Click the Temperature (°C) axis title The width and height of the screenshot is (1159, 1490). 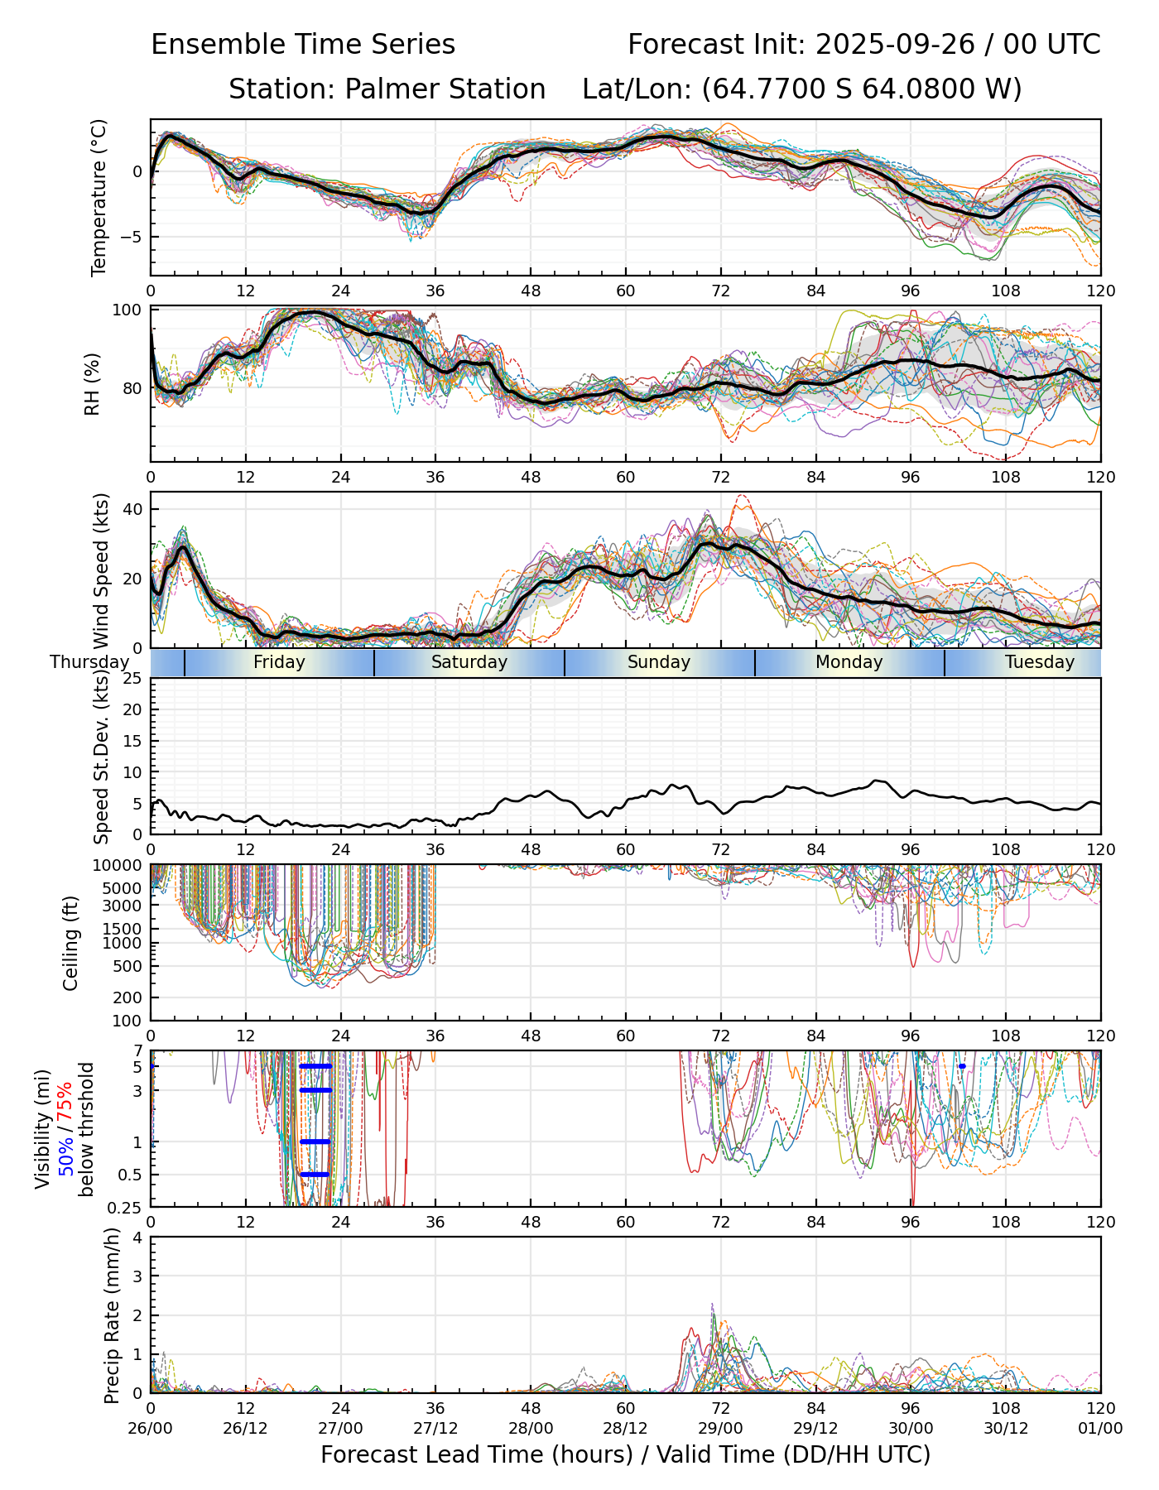point(99,197)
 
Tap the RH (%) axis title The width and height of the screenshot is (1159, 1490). point(92,384)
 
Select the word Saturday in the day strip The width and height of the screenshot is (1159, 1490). point(469,662)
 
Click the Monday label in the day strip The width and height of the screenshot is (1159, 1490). point(849,662)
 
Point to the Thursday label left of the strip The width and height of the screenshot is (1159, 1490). point(89,662)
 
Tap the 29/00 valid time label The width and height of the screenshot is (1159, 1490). point(720,1429)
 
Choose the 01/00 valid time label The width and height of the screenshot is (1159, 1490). point(1100,1429)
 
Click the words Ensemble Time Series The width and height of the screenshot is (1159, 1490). point(303,45)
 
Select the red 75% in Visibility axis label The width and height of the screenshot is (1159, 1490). point(65,1105)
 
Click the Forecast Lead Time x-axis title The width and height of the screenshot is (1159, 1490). point(625,1454)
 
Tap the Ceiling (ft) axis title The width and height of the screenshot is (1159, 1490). point(71,943)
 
